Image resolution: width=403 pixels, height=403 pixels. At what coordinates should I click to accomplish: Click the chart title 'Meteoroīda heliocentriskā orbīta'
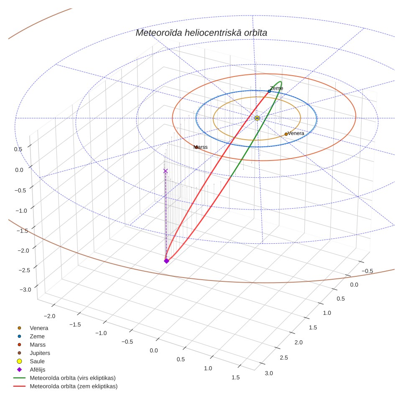(201, 33)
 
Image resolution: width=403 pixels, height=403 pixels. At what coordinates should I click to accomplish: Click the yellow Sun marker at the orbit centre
(257, 118)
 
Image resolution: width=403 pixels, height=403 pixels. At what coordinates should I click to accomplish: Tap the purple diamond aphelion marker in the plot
(166, 261)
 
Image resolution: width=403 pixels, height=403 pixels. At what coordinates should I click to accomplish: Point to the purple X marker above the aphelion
(166, 171)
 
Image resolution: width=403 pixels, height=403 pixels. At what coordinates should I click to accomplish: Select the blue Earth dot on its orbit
(269, 91)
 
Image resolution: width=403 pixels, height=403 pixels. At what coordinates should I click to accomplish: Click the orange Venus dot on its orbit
(286, 134)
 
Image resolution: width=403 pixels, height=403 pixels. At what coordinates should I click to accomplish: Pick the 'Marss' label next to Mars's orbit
(201, 147)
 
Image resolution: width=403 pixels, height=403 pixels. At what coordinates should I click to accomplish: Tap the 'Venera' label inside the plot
(296, 133)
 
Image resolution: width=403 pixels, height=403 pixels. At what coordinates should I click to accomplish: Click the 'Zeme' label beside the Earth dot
(277, 88)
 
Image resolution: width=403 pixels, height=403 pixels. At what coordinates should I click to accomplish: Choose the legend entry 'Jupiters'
(40, 353)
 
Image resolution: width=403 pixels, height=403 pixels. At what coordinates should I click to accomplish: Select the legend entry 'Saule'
(37, 361)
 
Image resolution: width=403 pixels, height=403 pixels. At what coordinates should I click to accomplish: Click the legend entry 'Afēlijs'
(38, 370)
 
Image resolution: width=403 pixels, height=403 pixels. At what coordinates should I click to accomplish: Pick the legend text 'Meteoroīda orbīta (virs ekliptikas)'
(73, 378)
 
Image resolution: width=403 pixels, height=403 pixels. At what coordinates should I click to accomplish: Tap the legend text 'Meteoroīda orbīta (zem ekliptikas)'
(74, 386)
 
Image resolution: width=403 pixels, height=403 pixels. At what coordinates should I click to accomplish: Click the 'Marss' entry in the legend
(38, 344)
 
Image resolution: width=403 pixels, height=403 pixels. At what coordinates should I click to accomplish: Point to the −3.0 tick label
(25, 290)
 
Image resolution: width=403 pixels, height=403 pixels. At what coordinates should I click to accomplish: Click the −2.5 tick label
(24, 270)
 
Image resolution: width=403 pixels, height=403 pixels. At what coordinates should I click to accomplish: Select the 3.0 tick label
(269, 373)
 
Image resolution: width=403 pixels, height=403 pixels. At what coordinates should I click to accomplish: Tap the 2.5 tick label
(284, 357)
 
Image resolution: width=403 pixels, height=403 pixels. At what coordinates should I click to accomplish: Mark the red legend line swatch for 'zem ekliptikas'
(19, 386)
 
